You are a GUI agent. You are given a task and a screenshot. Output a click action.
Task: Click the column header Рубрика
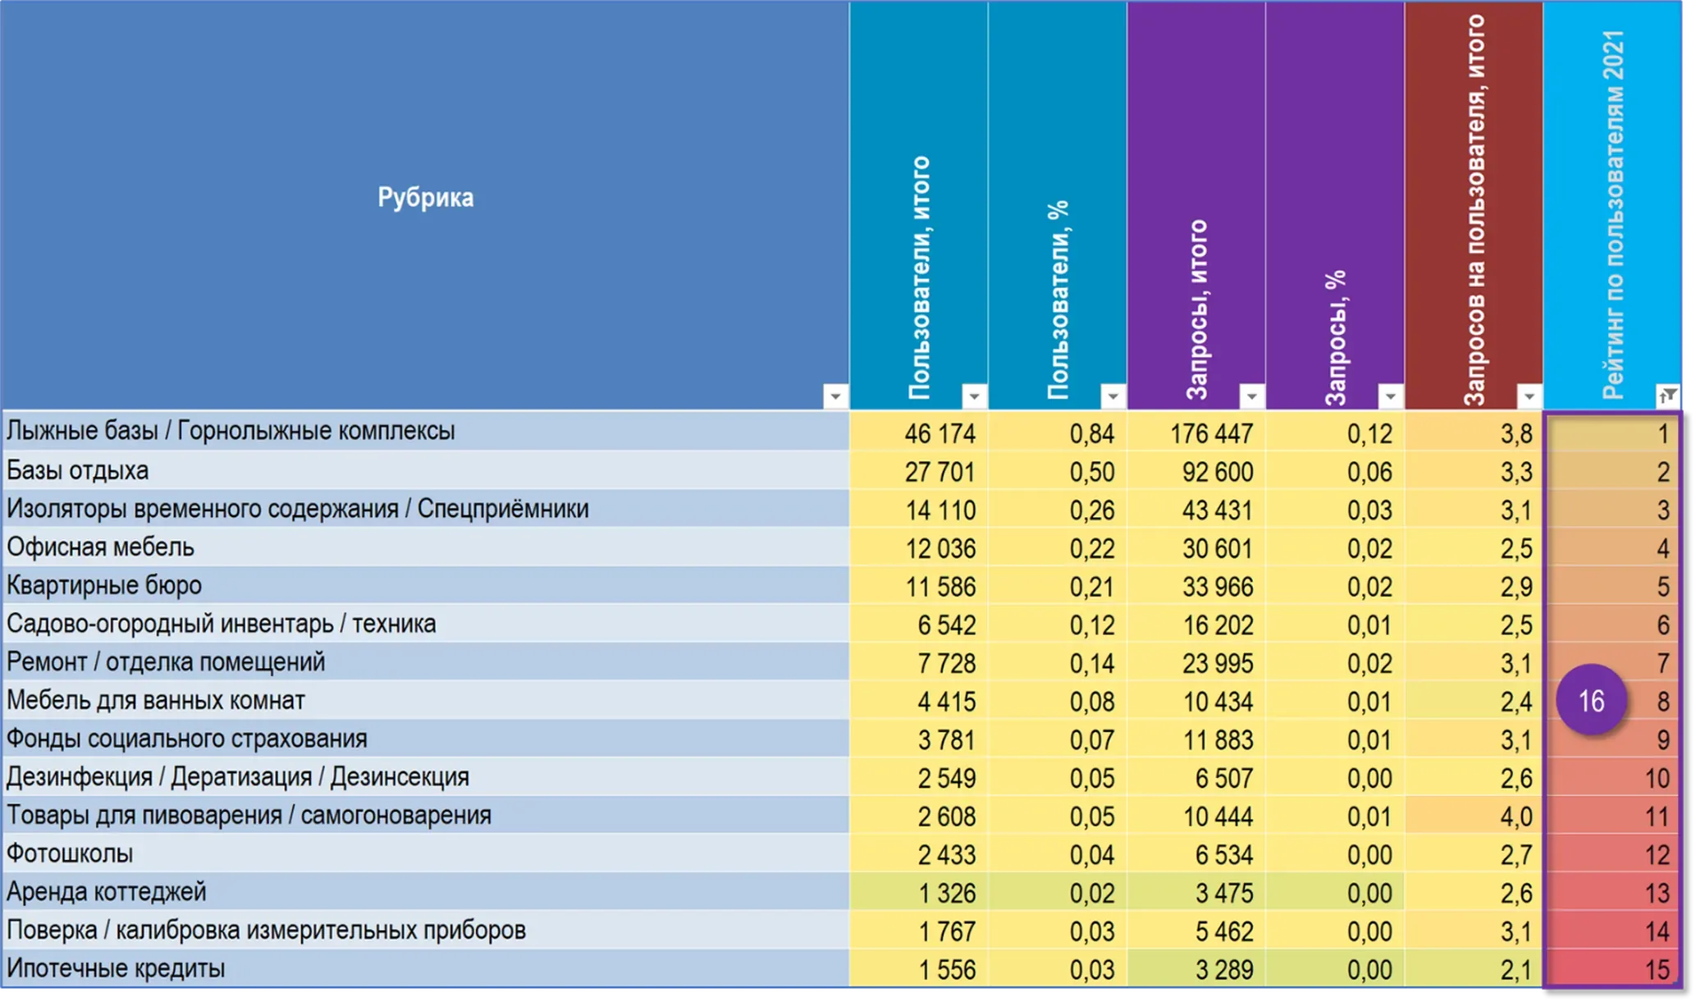pos(425,198)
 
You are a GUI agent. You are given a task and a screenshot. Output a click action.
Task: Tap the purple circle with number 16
pos(1591,700)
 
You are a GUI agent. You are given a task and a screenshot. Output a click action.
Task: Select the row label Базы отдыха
pos(78,471)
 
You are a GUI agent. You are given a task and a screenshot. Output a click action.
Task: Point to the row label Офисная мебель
pos(100,547)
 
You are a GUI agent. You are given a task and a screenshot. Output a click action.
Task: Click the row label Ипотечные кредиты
pos(116,968)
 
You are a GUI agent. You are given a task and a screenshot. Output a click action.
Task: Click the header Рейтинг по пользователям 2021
pos(1613,215)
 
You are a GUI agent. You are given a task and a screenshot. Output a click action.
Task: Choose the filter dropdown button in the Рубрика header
pos(835,396)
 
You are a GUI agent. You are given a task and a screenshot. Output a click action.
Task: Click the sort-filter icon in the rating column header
pos(1667,396)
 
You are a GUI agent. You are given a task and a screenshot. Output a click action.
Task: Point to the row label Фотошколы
pos(70,854)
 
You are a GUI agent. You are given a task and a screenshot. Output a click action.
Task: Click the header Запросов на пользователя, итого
pos(1474,210)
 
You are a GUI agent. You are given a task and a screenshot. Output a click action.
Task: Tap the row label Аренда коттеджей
pos(107,892)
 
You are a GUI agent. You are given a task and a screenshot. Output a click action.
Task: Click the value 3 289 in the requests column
pos(1224,970)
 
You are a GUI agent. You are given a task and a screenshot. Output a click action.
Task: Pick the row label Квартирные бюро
pos(104,586)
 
